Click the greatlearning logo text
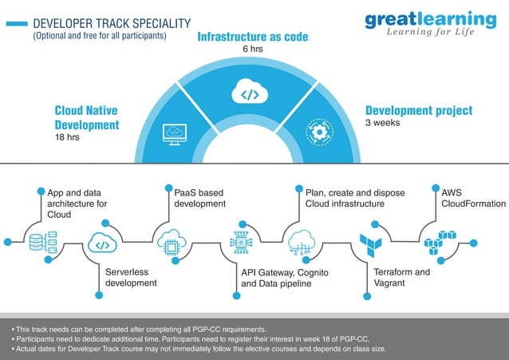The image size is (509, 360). pos(430,18)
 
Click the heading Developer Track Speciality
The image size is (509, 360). pos(112,24)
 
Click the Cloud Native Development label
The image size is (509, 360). pos(87,117)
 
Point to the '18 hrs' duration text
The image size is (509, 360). pos(68,137)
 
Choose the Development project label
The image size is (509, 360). pos(419,111)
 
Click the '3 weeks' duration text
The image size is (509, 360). pos(382,124)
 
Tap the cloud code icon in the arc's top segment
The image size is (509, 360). pos(250,94)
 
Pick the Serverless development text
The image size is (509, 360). pos(131,277)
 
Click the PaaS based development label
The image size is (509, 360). pos(200,198)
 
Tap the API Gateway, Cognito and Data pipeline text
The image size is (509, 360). pos(285,278)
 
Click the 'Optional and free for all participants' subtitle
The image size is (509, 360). pos(99,36)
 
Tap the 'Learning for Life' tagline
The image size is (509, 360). pos(430,32)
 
